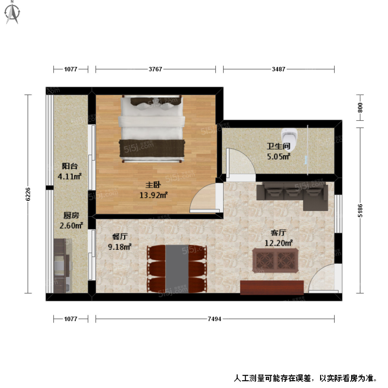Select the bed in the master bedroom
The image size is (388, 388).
[152, 128]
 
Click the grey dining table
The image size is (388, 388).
[177, 269]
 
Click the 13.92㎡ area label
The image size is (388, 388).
[153, 195]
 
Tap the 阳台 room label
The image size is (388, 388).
[70, 166]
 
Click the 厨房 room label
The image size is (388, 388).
[71, 215]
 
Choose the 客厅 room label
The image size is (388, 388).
[278, 232]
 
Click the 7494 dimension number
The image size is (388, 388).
[214, 319]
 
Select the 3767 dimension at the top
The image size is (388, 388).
[155, 69]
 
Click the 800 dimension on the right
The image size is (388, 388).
[360, 107]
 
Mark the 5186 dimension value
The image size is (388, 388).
[360, 210]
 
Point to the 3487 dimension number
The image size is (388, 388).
[278, 69]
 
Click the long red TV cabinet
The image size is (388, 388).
[272, 287]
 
